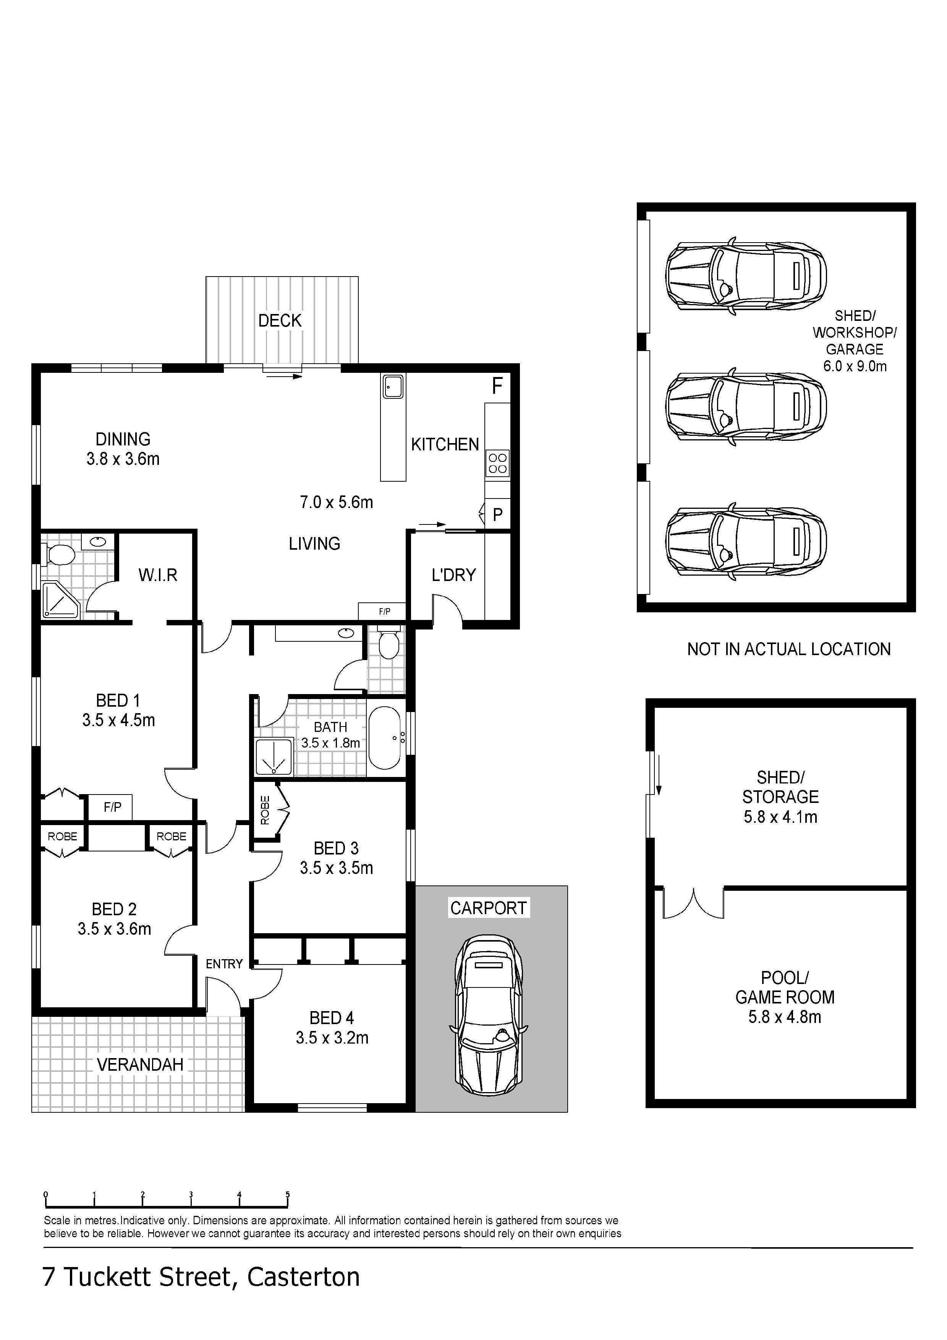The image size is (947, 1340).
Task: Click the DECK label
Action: tap(280, 320)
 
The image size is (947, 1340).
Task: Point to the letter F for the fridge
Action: tap(497, 386)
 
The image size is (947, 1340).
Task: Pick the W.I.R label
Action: tap(157, 575)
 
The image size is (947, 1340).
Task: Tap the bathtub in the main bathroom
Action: tap(385, 738)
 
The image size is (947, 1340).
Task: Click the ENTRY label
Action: tap(224, 964)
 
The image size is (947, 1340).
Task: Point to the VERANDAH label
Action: tap(140, 1065)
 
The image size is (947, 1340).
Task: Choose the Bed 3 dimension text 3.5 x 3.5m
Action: tap(337, 868)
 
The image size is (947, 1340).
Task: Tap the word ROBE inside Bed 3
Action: tap(265, 810)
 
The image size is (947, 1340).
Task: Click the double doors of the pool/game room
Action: tap(693, 903)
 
